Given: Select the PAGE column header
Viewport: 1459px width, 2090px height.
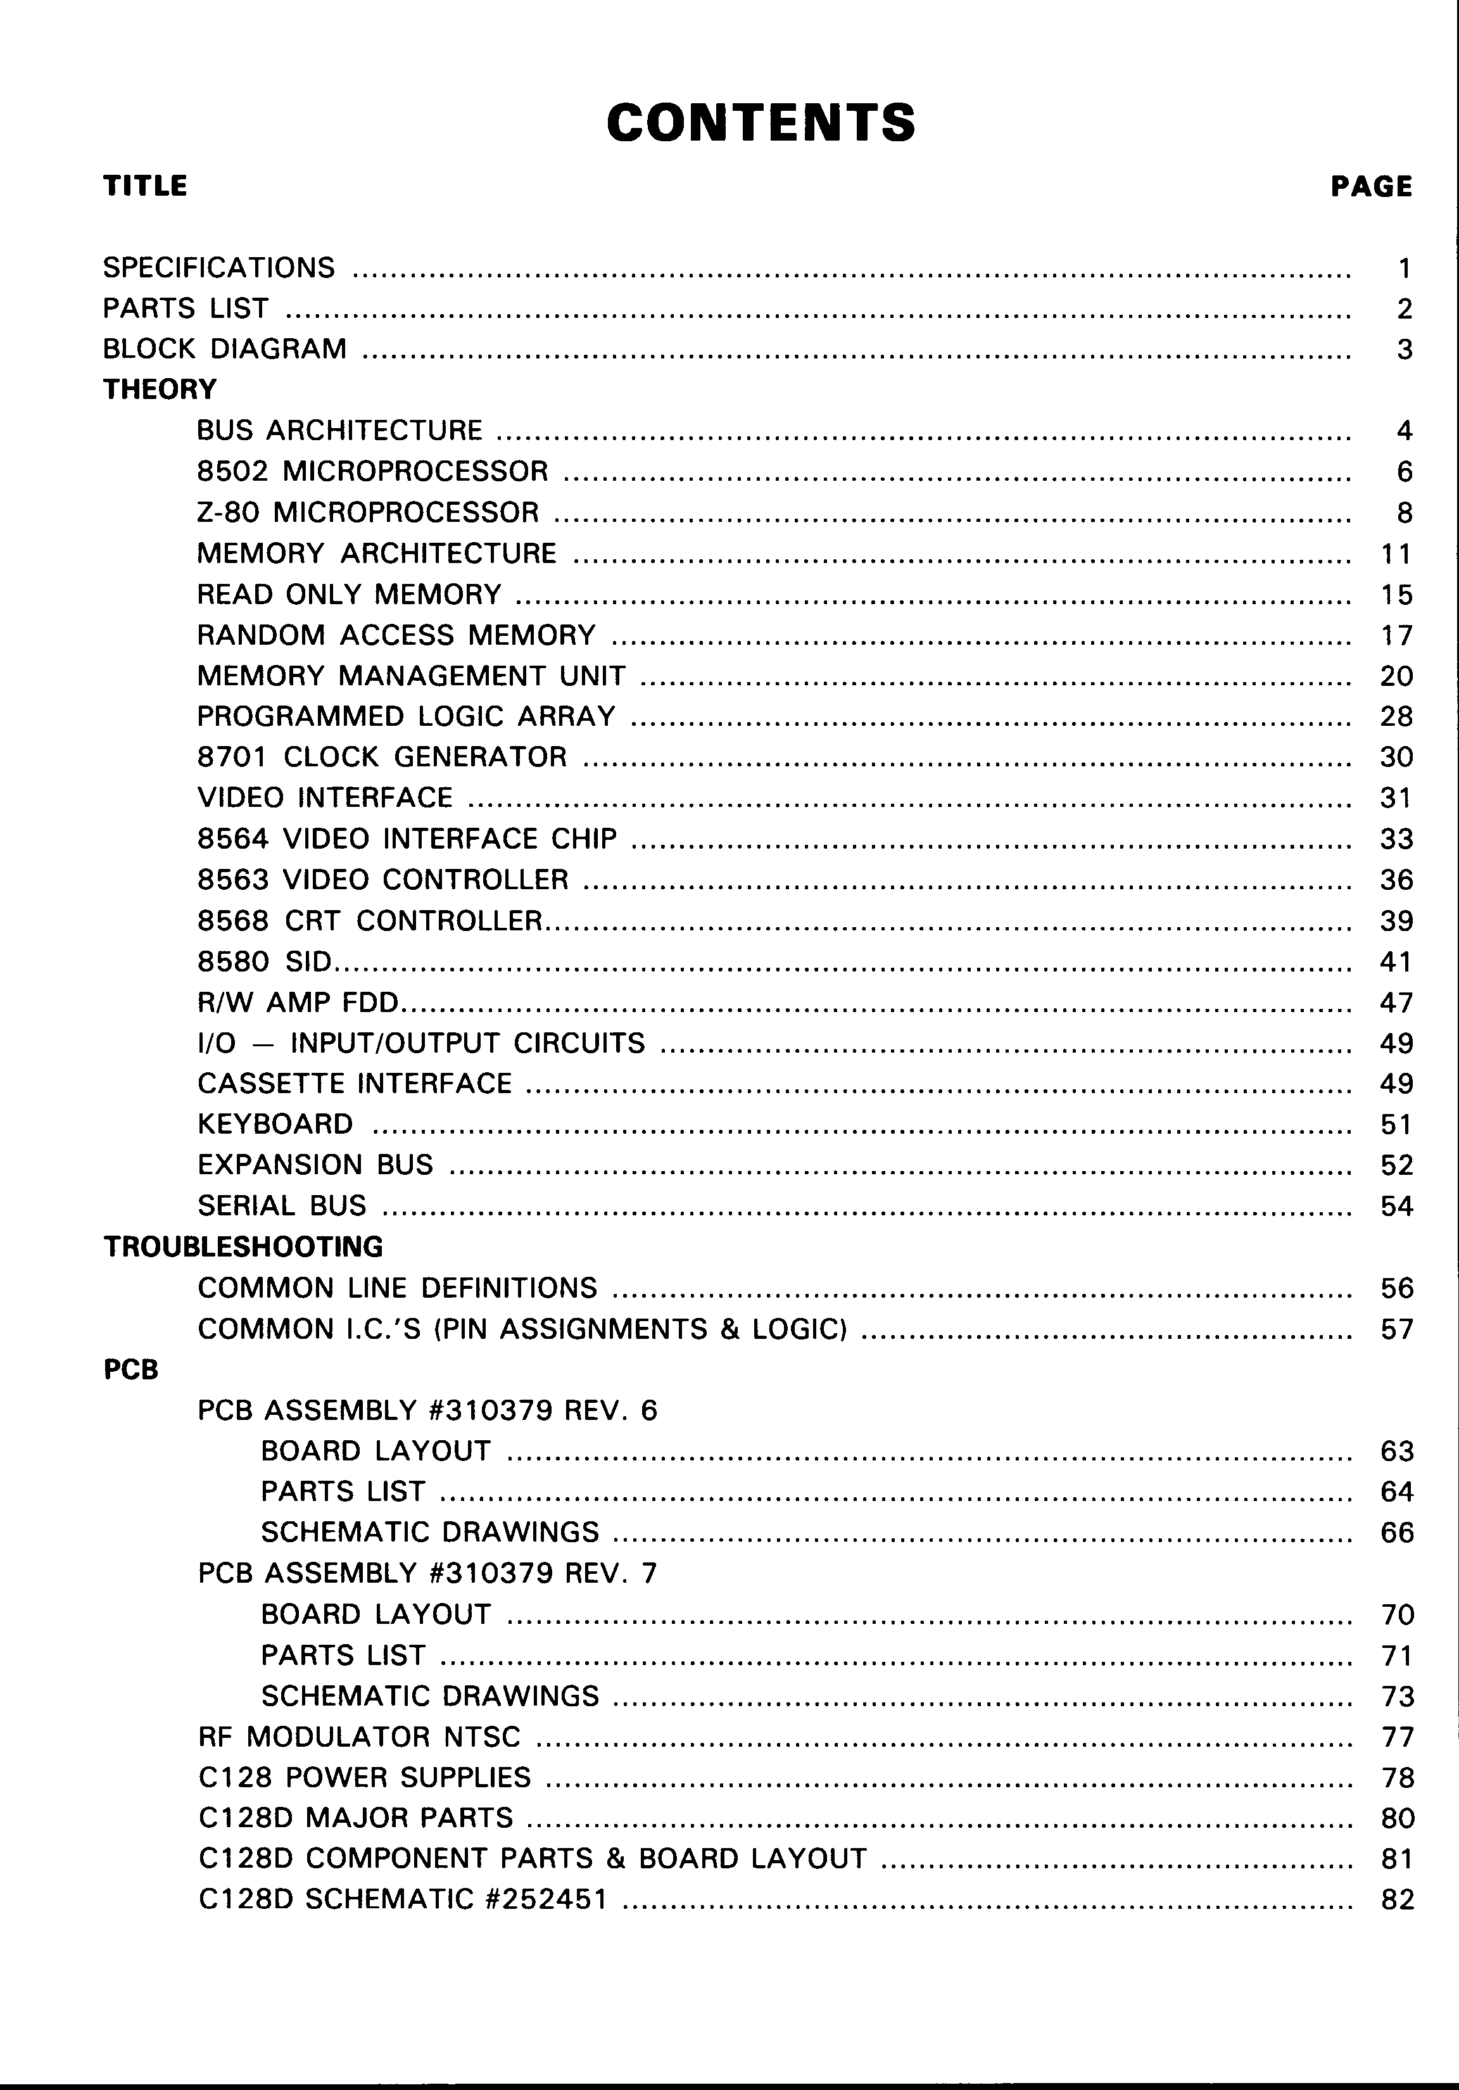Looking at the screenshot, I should pyautogui.click(x=1371, y=187).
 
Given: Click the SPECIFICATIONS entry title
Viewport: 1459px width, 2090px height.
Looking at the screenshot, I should pyautogui.click(x=218, y=268).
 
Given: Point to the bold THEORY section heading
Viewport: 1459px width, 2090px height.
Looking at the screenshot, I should pyautogui.click(x=160, y=389).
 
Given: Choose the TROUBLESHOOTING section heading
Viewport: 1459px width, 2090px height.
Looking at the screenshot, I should pyautogui.click(x=243, y=1246).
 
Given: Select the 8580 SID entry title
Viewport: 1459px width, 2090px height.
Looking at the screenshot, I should pyautogui.click(x=265, y=961).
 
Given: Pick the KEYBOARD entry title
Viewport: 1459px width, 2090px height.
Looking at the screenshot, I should pyautogui.click(x=275, y=1124).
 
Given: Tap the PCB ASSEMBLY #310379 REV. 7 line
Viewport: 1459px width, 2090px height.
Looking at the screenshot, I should pyautogui.click(x=427, y=1573).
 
